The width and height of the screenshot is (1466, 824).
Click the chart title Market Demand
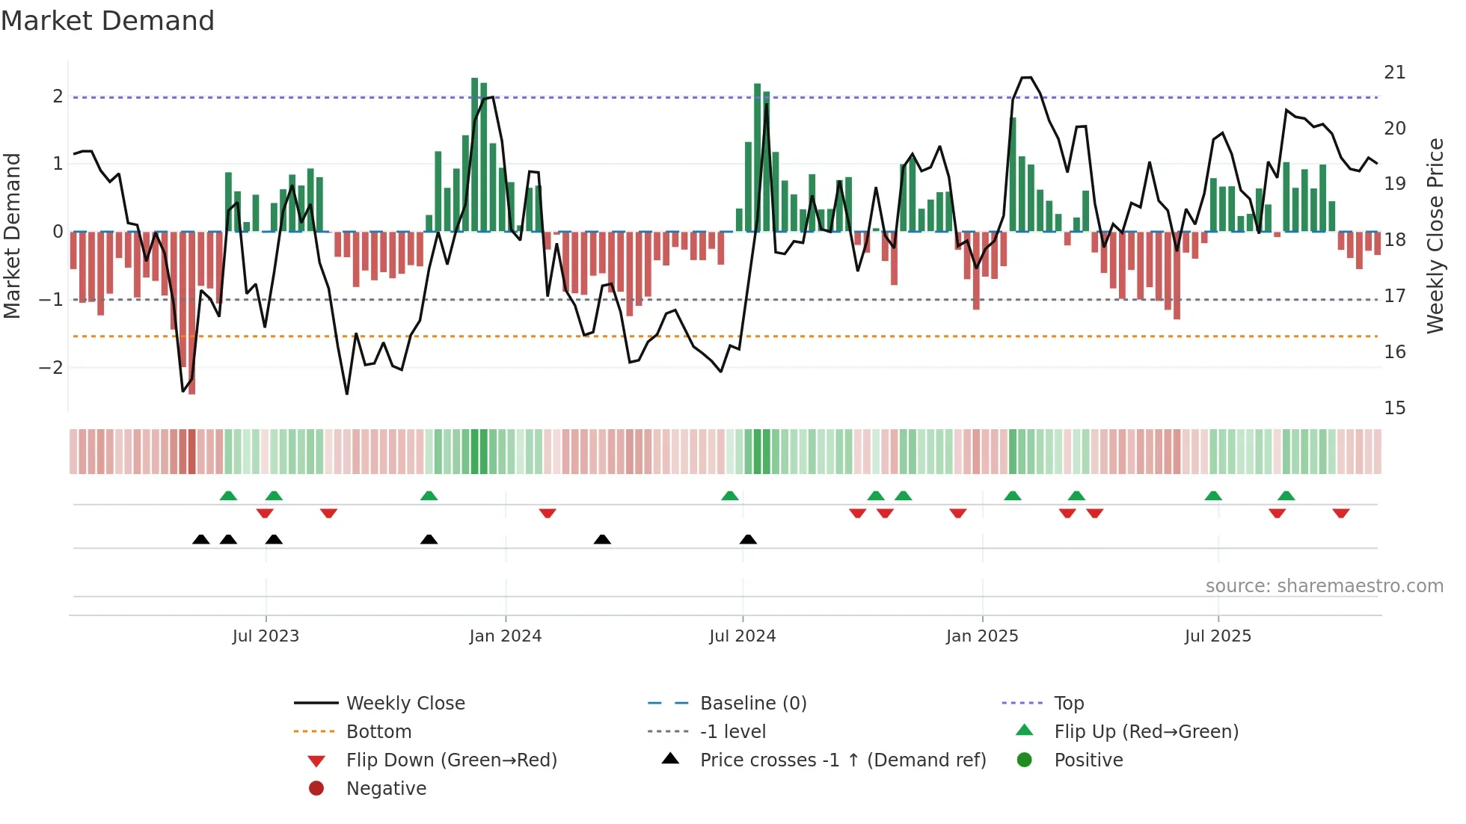108,21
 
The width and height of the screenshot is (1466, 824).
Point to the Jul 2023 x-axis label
266,636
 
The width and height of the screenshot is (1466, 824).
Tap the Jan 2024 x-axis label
505,636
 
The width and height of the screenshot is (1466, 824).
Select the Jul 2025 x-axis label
1218,636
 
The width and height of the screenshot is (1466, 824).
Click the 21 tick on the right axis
1394,73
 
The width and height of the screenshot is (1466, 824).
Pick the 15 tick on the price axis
1394,408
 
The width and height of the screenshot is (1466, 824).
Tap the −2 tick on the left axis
51,368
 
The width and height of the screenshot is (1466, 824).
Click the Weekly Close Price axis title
1435,236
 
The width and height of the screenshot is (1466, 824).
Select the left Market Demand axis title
13,236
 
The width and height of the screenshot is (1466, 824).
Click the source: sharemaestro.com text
1324,586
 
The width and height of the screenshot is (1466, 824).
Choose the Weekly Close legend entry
405,704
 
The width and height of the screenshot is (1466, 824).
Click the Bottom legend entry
378,732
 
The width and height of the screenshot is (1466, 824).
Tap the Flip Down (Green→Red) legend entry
451,760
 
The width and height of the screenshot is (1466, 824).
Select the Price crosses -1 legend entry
842,760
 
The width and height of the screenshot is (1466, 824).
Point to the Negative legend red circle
316,789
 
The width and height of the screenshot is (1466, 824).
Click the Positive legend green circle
1025,760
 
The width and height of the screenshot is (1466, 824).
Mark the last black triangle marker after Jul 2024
748,539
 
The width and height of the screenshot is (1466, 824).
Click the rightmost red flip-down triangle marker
1340,513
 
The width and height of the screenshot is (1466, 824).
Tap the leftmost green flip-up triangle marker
228,496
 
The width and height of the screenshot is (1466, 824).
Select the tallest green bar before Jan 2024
474,153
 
